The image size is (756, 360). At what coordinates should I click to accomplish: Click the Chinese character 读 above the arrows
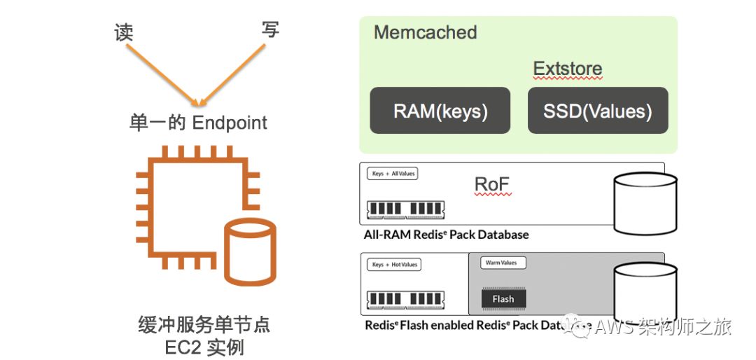124,32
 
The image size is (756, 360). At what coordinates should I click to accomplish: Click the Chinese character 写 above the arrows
269,29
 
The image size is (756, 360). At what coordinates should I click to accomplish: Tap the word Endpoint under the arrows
230,123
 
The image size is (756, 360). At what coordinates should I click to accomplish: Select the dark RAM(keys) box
440,111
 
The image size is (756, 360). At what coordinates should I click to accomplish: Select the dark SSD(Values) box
598,111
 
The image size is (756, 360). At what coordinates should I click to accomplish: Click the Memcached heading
425,32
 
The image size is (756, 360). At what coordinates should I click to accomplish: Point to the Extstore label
568,69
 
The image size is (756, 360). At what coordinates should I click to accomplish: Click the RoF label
493,185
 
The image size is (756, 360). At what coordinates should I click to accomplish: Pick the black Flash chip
503,299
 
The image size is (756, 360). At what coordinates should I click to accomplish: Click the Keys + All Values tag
393,174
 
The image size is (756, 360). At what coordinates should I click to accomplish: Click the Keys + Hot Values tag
395,265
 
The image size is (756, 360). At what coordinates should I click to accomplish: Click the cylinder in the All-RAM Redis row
645,200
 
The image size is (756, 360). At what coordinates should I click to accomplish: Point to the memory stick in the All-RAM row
405,209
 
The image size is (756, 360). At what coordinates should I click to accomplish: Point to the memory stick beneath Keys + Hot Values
405,300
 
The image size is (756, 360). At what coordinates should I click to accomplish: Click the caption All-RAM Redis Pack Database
446,235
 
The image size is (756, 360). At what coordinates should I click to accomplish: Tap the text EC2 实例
205,346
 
